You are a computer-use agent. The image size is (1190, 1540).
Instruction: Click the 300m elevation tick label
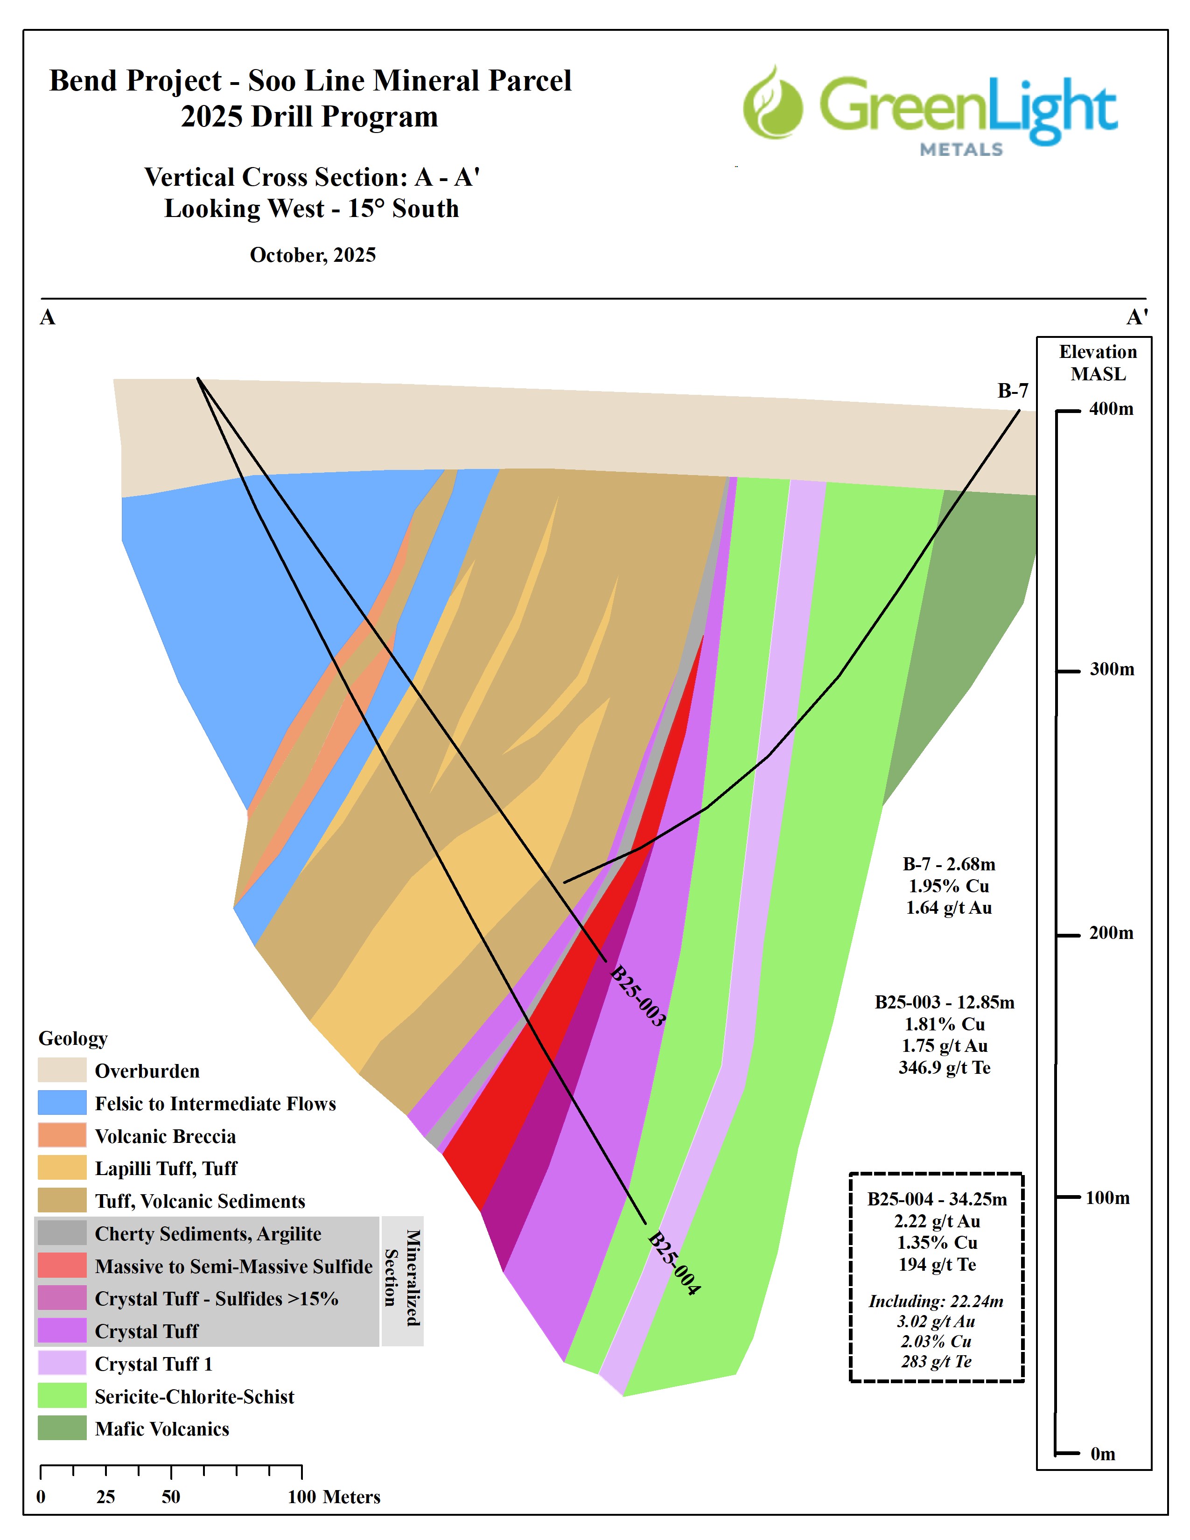point(1112,669)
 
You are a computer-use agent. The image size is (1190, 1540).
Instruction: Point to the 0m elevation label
point(1103,1454)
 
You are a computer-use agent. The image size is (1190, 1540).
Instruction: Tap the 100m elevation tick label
point(1107,1197)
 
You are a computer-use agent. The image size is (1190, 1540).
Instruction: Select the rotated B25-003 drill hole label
point(637,996)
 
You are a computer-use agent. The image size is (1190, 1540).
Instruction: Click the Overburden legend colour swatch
point(62,1071)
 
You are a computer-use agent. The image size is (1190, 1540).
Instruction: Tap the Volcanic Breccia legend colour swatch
point(62,1135)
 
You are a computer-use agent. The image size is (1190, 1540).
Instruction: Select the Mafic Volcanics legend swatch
point(62,1428)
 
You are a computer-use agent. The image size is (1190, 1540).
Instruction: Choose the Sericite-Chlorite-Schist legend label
point(195,1396)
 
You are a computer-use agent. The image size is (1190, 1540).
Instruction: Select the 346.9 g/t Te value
point(945,1068)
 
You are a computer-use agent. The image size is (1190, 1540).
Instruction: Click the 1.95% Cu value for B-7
point(948,886)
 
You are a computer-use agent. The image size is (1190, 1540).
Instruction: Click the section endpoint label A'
point(1136,317)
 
